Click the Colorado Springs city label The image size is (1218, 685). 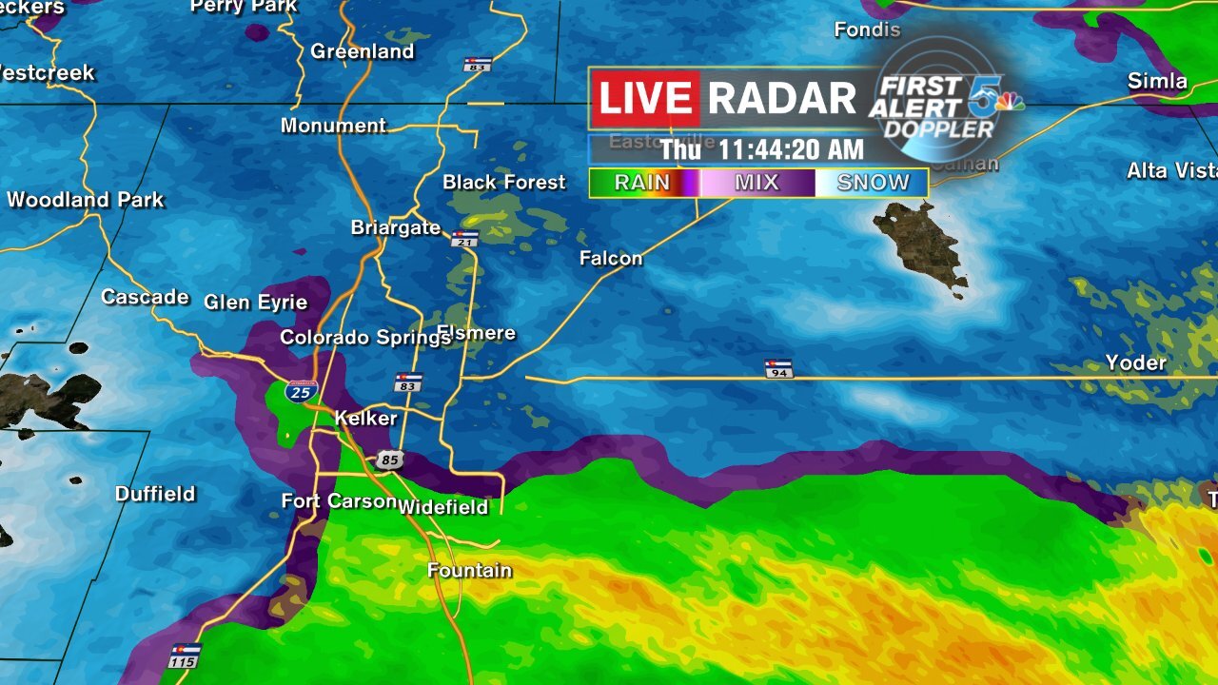[x=351, y=338]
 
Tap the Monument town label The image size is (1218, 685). [x=333, y=126]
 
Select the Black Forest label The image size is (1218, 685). [x=504, y=182]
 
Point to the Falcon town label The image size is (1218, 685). [x=611, y=258]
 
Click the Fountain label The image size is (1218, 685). [x=469, y=571]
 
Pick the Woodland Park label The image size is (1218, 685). [x=86, y=200]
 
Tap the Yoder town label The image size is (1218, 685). [x=1135, y=362]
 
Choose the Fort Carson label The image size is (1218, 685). [x=339, y=501]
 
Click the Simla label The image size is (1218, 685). [x=1157, y=81]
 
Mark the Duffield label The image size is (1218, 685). [x=155, y=494]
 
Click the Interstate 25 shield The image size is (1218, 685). [x=302, y=391]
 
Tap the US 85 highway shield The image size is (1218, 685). [x=388, y=460]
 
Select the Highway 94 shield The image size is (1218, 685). [x=777, y=368]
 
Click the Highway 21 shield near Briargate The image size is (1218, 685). [x=464, y=238]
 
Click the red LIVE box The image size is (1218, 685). [x=645, y=99]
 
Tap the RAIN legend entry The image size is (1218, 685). [x=643, y=183]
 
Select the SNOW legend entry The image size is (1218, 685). [x=873, y=183]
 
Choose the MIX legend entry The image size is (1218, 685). [x=756, y=183]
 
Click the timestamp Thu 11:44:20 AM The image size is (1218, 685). [x=762, y=149]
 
